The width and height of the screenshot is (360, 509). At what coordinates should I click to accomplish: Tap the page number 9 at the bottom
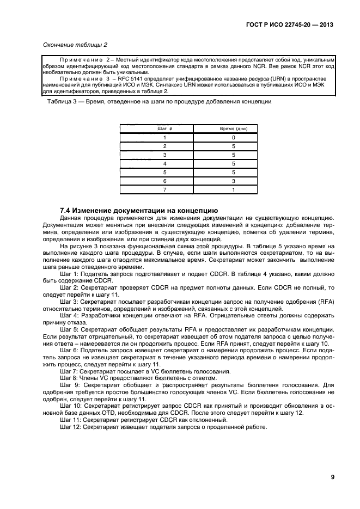[x=332, y=477]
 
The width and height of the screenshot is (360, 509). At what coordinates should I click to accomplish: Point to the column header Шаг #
[x=164, y=128]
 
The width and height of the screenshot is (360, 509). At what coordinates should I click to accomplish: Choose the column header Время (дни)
[x=234, y=128]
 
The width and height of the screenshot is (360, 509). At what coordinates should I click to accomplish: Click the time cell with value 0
[x=234, y=138]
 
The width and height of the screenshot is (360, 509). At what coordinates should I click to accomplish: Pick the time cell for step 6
[x=234, y=181]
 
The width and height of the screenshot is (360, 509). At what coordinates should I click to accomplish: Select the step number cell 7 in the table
[x=164, y=189]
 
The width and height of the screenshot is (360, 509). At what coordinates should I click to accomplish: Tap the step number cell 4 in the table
[x=164, y=163]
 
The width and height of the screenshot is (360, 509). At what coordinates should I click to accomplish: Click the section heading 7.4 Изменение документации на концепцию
[x=139, y=210]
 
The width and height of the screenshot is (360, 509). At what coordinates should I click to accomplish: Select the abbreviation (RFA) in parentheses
[x=327, y=303]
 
